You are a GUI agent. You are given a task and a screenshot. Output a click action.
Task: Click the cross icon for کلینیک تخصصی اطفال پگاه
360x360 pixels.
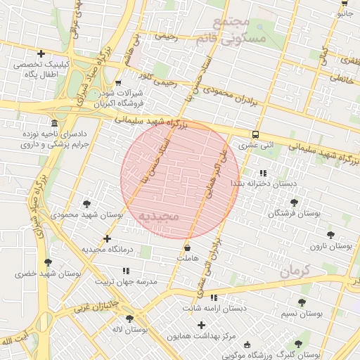click(x=41, y=53)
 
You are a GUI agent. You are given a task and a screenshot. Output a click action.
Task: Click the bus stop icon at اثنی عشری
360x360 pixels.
click(x=255, y=134)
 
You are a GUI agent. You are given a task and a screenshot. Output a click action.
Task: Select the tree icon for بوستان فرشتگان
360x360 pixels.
click(x=294, y=202)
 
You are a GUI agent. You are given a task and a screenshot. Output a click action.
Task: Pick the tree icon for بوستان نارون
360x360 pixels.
click(x=330, y=235)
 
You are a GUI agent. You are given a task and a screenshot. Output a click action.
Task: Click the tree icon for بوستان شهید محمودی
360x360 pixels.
click(x=86, y=203)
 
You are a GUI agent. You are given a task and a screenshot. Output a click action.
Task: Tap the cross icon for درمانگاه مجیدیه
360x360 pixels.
click(x=107, y=238)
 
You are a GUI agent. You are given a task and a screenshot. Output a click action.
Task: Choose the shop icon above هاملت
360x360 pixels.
click(x=187, y=247)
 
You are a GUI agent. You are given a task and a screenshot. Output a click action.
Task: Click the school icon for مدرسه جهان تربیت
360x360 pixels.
click(x=126, y=271)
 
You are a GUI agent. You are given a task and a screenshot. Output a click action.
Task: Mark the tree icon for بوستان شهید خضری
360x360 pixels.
click(x=48, y=262)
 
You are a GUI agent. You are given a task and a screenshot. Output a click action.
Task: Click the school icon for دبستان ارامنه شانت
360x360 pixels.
click(x=214, y=298)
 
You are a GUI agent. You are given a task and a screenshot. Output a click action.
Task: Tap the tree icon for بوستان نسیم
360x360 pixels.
click(x=302, y=302)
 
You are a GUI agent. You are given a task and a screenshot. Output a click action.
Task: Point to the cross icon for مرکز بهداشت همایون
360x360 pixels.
click(x=202, y=325)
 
